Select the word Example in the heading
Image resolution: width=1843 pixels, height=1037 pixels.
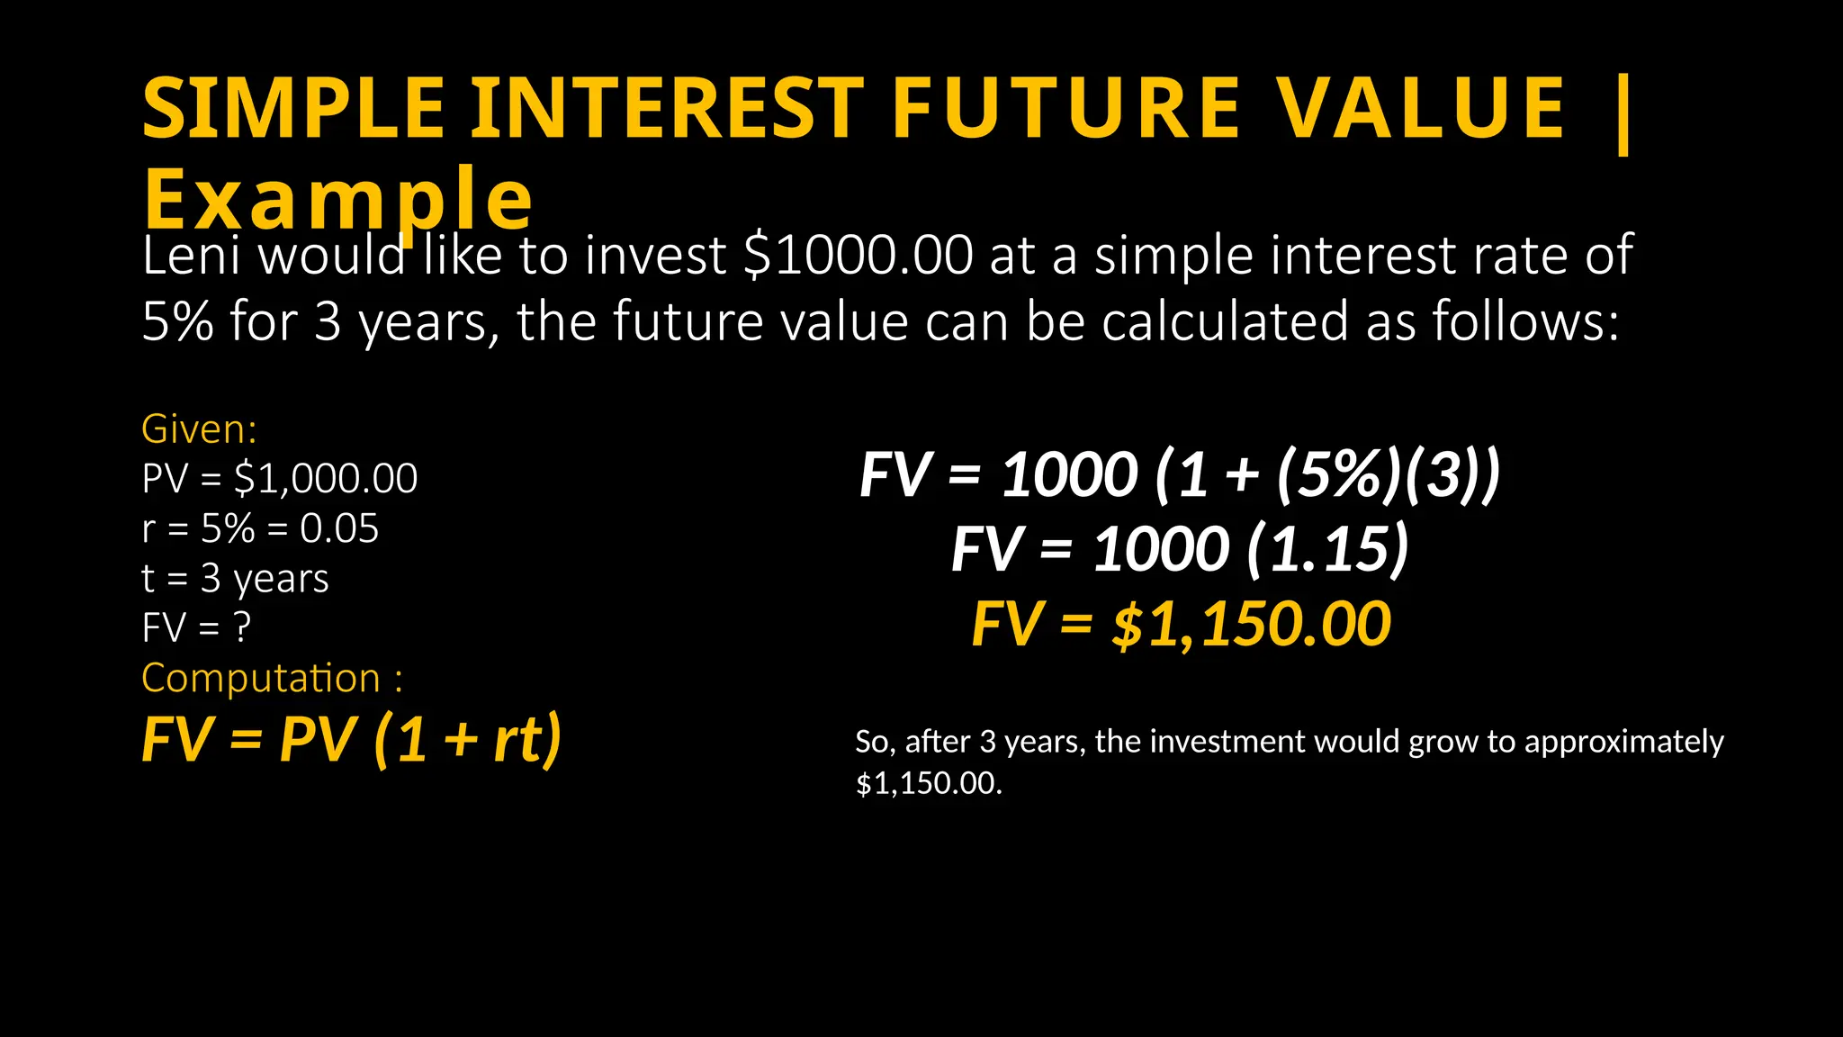pos(338,200)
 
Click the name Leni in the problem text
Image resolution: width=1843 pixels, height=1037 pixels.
pos(191,256)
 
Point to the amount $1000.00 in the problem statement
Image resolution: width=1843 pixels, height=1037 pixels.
pos(859,256)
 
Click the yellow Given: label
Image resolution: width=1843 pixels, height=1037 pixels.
pos(199,429)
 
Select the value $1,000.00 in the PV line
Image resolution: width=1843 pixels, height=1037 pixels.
pos(326,478)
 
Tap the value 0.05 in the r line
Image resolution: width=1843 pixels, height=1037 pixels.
pos(339,528)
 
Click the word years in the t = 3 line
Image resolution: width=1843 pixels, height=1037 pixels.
pos(281,579)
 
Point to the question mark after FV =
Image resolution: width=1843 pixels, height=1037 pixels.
pos(242,627)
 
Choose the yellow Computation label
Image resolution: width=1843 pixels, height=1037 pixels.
pos(261,678)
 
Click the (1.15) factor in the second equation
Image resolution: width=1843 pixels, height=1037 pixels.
pos(1327,549)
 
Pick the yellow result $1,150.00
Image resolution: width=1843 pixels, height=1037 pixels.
pos(1252,625)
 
